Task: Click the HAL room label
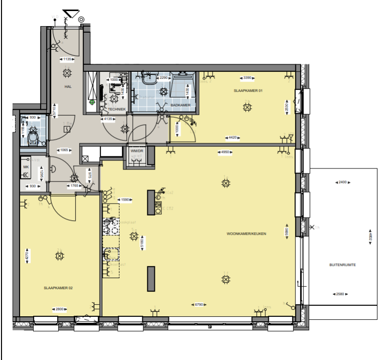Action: coord(67,86)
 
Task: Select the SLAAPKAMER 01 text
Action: coord(248,91)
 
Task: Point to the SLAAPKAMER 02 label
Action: coord(58,287)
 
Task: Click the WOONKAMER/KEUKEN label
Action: coord(246,233)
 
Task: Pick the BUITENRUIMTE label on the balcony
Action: coord(343,264)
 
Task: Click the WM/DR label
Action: coord(136,150)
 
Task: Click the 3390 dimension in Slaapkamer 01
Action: coord(247,77)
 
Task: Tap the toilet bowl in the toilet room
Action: coord(33,137)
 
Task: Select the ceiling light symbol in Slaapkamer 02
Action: coord(60,256)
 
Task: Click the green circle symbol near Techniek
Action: coord(92,102)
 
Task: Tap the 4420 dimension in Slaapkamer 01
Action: coord(232,137)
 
